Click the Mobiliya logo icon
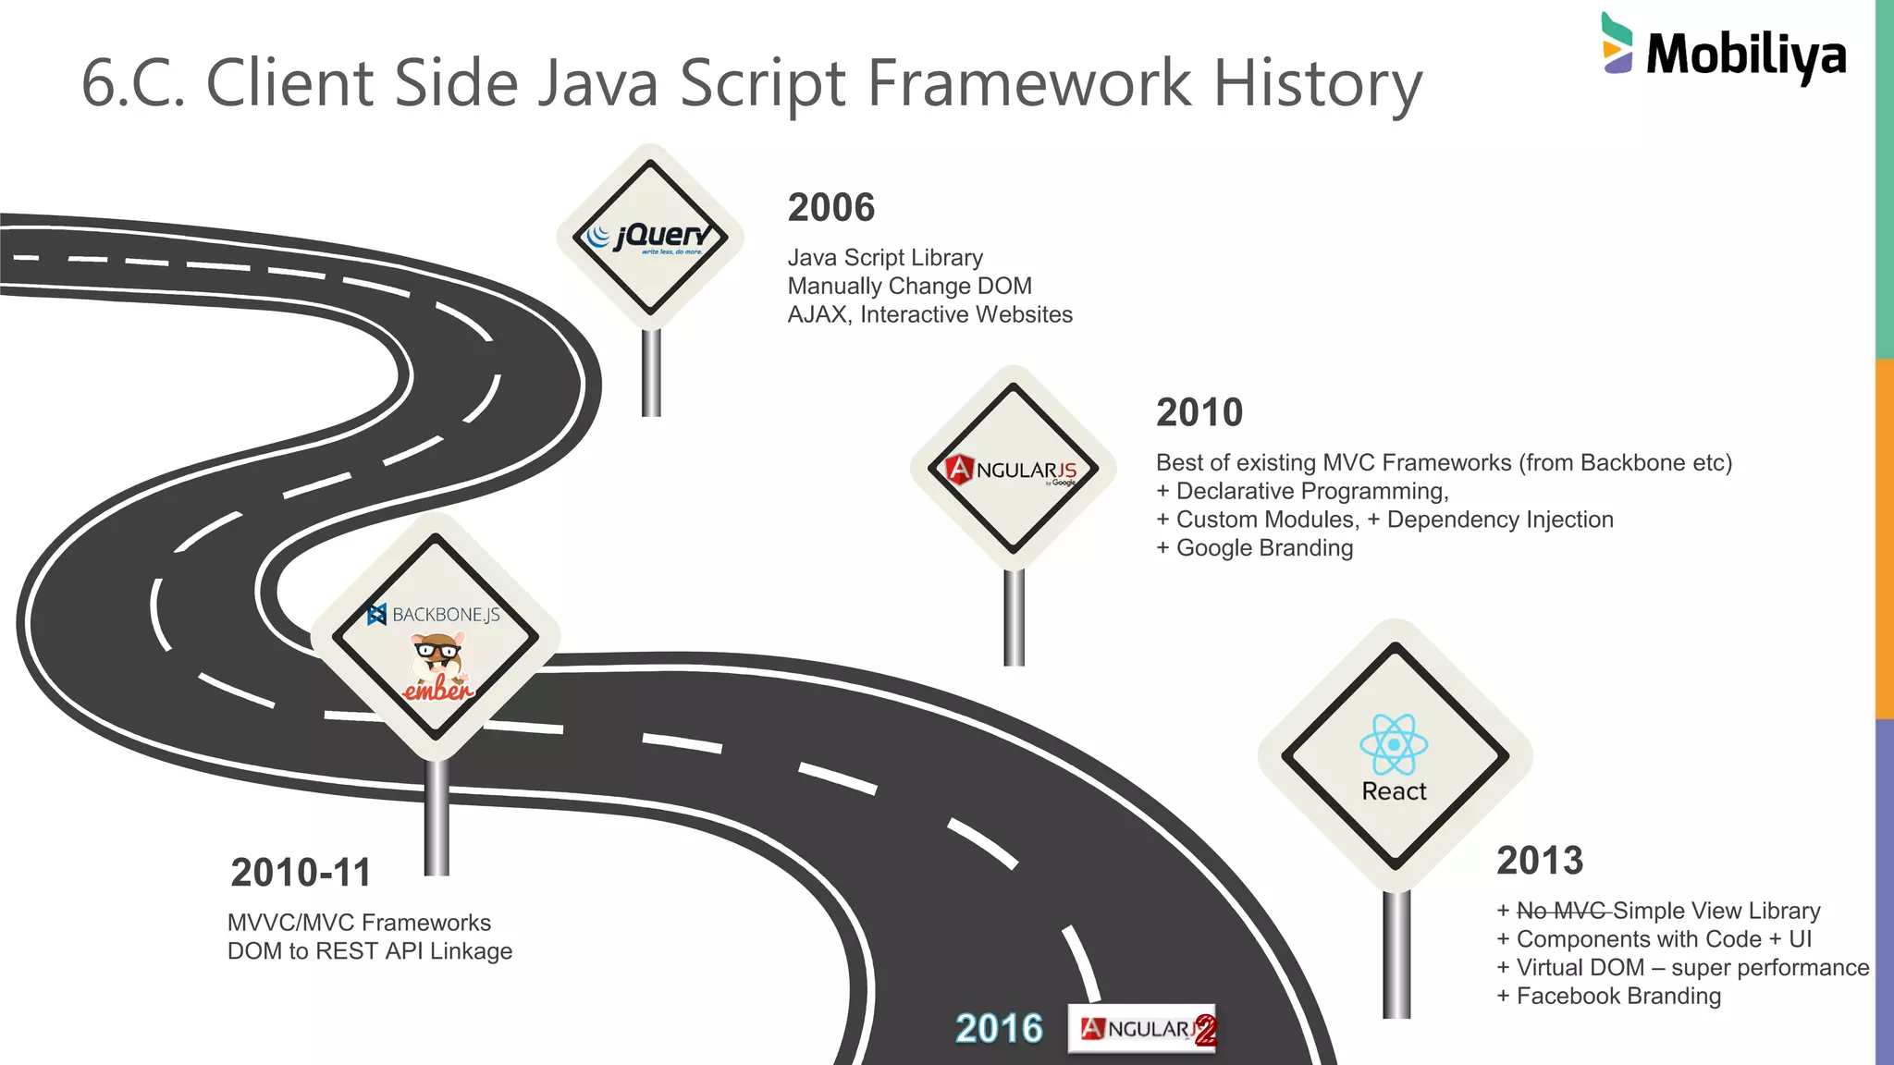coord(1617,43)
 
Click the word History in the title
coord(1317,84)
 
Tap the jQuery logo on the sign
coord(651,238)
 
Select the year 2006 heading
coord(830,208)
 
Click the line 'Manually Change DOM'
coord(909,287)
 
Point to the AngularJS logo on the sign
coord(1014,470)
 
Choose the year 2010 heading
coord(1199,412)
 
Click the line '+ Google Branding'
coord(1255,548)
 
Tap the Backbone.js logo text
coord(436,615)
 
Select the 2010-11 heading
coord(301,873)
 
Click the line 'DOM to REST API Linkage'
coord(370,951)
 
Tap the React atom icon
coord(1394,744)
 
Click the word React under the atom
coord(1394,791)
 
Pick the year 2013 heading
coord(1540,861)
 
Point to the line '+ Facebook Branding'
coord(1609,997)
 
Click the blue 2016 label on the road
coord(999,1029)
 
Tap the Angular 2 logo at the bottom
coord(1143,1029)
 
